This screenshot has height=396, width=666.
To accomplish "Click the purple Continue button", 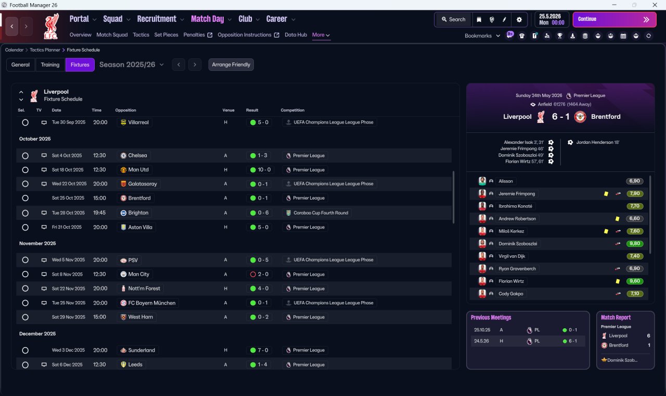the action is coord(614,19).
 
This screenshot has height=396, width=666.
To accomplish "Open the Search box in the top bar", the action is coord(453,19).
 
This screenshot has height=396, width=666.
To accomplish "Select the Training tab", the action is coord(50,65).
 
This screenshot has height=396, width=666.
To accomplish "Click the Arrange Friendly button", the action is coord(231,65).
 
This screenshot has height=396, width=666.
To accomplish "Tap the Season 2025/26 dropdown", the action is coord(132,65).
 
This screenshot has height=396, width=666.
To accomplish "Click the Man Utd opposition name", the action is coord(138,170).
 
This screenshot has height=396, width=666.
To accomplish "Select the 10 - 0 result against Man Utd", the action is coord(264,170).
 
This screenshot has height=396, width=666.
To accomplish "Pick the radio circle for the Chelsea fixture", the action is coord(25,156).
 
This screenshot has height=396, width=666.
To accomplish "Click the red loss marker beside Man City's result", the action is coord(253,274).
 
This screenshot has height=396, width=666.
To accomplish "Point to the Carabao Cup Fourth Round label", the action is coord(321,213).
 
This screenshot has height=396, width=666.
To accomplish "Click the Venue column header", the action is coord(228,110).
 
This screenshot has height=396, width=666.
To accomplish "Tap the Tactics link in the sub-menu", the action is coord(141,35).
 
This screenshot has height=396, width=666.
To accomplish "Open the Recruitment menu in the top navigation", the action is coord(157,19).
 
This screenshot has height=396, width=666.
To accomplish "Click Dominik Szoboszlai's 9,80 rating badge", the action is coord(635,243).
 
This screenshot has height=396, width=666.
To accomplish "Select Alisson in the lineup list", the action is coord(505,181).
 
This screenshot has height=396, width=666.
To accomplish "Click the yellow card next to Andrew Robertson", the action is coord(617,219).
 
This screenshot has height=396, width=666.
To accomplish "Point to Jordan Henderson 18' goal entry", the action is coord(598,142).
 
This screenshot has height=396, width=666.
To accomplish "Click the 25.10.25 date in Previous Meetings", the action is coord(482,330).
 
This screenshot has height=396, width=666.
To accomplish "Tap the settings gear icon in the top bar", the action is coord(519,20).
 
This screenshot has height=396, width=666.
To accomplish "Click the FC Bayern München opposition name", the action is coord(151,303).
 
